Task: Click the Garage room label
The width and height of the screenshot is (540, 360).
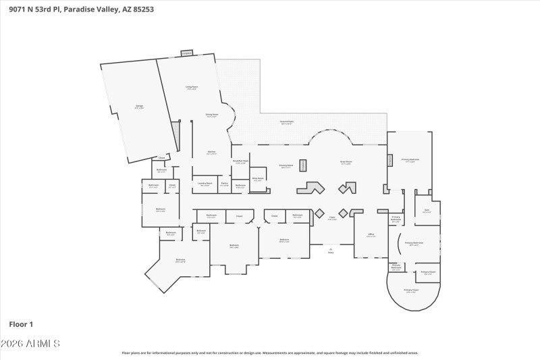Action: (x=139, y=107)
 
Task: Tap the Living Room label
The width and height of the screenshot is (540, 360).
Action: (x=192, y=88)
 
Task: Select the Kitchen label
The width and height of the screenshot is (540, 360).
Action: (x=211, y=153)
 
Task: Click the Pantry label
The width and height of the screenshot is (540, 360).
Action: (x=224, y=184)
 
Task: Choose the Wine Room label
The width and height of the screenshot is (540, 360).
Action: (x=258, y=179)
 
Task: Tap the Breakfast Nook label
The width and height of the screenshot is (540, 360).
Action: (x=240, y=161)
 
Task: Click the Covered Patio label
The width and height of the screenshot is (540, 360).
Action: (x=287, y=122)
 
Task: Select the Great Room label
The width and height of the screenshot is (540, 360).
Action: (x=346, y=163)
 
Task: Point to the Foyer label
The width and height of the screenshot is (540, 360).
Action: (x=332, y=218)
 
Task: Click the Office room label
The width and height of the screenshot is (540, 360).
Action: (x=371, y=236)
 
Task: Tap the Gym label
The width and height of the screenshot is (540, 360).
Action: (x=427, y=211)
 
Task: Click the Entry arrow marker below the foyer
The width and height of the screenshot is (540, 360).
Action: (x=331, y=250)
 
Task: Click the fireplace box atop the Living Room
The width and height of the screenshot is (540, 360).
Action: (x=186, y=53)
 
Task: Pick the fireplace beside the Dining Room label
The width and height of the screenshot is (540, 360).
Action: (x=303, y=165)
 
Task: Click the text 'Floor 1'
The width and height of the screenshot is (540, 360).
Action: (x=20, y=324)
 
